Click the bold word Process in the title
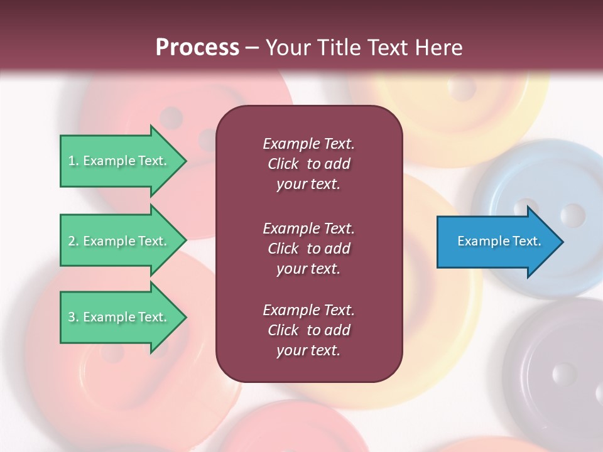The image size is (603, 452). [197, 48]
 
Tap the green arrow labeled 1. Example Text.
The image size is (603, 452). [119, 161]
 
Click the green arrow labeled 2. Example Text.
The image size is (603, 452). [119, 241]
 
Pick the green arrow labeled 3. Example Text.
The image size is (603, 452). [119, 317]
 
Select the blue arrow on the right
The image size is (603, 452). [496, 242]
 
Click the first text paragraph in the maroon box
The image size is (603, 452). [308, 164]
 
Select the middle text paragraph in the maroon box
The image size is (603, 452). [308, 249]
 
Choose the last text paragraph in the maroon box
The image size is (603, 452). [308, 330]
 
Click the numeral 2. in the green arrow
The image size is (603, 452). [73, 241]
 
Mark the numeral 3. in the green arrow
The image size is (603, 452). [73, 317]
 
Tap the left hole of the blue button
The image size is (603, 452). [526, 210]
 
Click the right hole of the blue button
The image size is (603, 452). [572, 215]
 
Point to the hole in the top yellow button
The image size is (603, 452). [464, 89]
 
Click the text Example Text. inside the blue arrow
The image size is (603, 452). [499, 241]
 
